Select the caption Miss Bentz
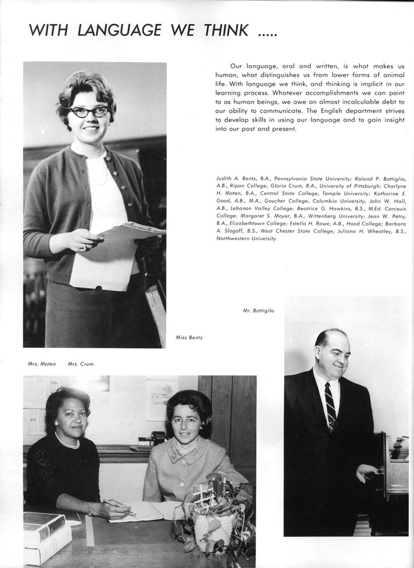(189, 338)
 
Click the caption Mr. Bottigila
(258, 310)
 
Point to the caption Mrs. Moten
(42, 364)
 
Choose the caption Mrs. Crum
(80, 364)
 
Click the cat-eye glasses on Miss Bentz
(89, 112)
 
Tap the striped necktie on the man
(330, 405)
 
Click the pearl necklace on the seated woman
(67, 443)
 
